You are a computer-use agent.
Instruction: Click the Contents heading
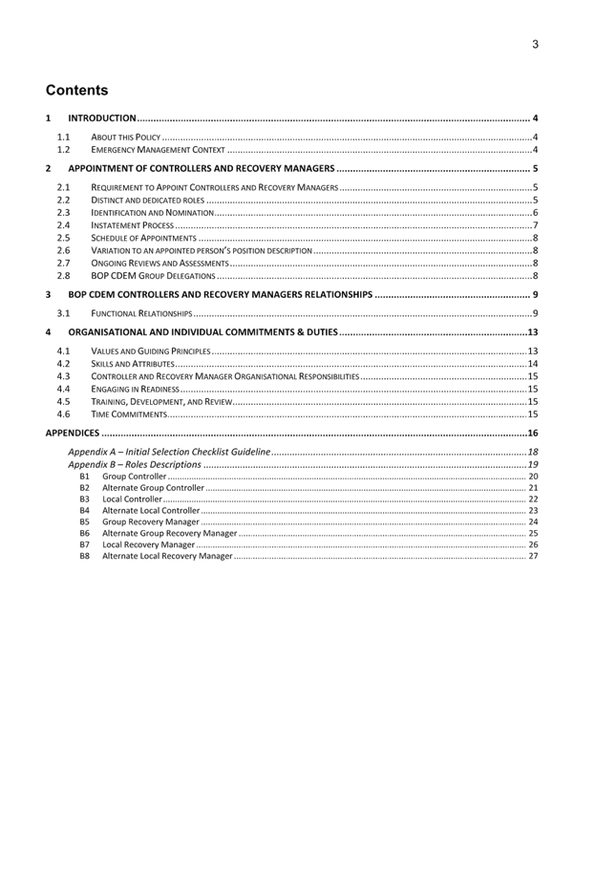pos(77,91)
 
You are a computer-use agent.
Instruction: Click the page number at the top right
pos(536,44)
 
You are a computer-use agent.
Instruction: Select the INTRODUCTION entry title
pos(102,118)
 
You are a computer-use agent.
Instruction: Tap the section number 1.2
pos(64,150)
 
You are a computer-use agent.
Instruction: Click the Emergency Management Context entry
pos(158,150)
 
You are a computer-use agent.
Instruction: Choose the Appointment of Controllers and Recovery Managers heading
pos(201,169)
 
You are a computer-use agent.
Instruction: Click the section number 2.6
pos(64,250)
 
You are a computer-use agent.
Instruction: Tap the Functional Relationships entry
pos(142,313)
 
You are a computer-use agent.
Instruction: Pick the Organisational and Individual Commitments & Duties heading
pos(202,332)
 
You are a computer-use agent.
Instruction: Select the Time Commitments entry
pos(129,414)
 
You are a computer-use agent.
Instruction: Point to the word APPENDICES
pos(73,434)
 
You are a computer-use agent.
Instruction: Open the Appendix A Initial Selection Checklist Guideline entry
pos(169,451)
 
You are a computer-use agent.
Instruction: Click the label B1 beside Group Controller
pos(84,476)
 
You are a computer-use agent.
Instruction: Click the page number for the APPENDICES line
pos(533,434)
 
